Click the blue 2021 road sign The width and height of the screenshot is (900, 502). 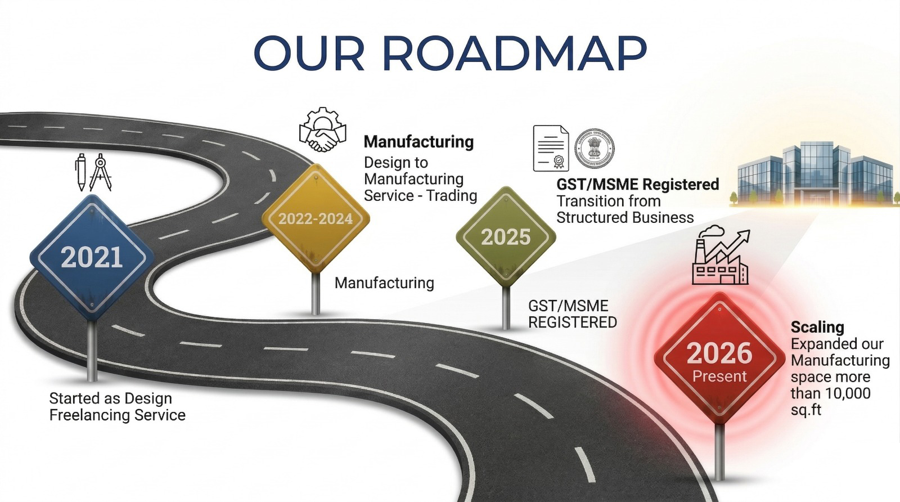[92, 257]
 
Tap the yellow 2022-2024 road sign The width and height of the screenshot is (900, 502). [316, 218]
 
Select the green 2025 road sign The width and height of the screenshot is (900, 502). [506, 237]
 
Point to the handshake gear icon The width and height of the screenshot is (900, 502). [323, 129]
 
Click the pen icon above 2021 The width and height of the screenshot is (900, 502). [81, 172]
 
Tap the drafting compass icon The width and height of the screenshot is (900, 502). [100, 172]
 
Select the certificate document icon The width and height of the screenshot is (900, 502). [551, 149]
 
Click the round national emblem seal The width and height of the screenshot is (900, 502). [594, 149]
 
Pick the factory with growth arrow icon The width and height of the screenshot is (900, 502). [721, 254]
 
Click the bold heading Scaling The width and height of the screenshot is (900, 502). [817, 327]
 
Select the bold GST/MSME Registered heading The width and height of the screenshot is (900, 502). [638, 184]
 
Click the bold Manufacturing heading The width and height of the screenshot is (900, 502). [418, 141]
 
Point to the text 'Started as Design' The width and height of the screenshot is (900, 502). [110, 398]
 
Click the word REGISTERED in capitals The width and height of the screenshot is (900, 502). [573, 322]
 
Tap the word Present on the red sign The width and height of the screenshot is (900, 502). [719, 376]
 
